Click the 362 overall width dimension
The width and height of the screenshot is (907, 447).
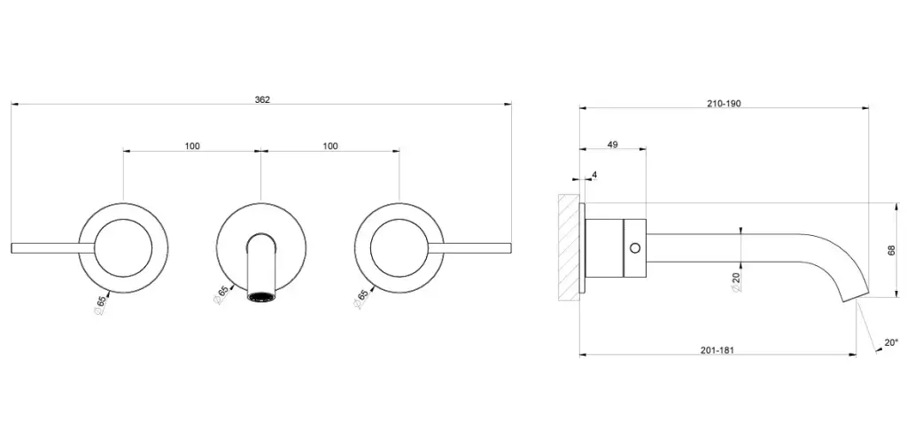(x=262, y=99)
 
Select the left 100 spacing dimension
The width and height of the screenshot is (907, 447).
(x=192, y=146)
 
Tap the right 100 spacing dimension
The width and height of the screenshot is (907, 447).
(x=330, y=146)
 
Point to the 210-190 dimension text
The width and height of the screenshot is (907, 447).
(x=724, y=104)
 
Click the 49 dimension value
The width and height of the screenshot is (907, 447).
(x=613, y=145)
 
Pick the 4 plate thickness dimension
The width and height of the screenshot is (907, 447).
(x=594, y=175)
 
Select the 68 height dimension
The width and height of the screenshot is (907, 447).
(x=891, y=250)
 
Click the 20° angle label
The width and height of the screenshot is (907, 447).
(x=891, y=342)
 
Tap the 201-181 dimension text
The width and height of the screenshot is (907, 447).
(x=717, y=350)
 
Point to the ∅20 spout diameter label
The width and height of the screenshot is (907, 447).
(x=736, y=281)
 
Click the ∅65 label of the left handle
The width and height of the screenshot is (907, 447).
(x=100, y=305)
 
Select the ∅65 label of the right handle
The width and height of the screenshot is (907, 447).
(x=361, y=298)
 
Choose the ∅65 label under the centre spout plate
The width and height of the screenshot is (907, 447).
(x=222, y=295)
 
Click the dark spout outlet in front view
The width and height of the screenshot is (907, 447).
(x=261, y=297)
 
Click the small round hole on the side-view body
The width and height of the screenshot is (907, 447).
(x=634, y=248)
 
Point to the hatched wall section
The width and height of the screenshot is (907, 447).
(x=569, y=247)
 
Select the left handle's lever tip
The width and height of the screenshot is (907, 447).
(x=12, y=247)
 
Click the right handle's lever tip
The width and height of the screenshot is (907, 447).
(x=510, y=247)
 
